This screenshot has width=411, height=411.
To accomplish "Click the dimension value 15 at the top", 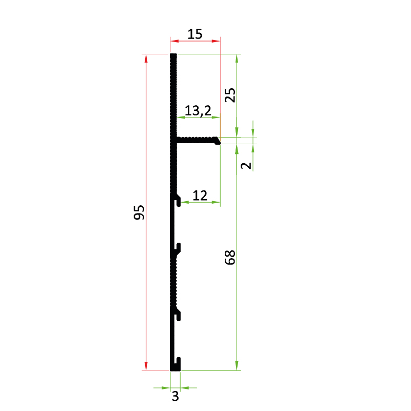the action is (x=195, y=34).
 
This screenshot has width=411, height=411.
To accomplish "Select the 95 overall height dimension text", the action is (x=139, y=212).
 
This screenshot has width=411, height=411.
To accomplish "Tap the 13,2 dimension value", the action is (x=198, y=111).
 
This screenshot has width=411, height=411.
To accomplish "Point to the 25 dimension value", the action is (x=230, y=95).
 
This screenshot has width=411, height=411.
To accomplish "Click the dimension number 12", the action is (x=200, y=195).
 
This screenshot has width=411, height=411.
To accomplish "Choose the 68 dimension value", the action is (x=230, y=258).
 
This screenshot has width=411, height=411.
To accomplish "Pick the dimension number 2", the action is (x=246, y=166).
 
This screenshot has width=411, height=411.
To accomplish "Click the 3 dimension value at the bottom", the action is (x=175, y=396).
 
